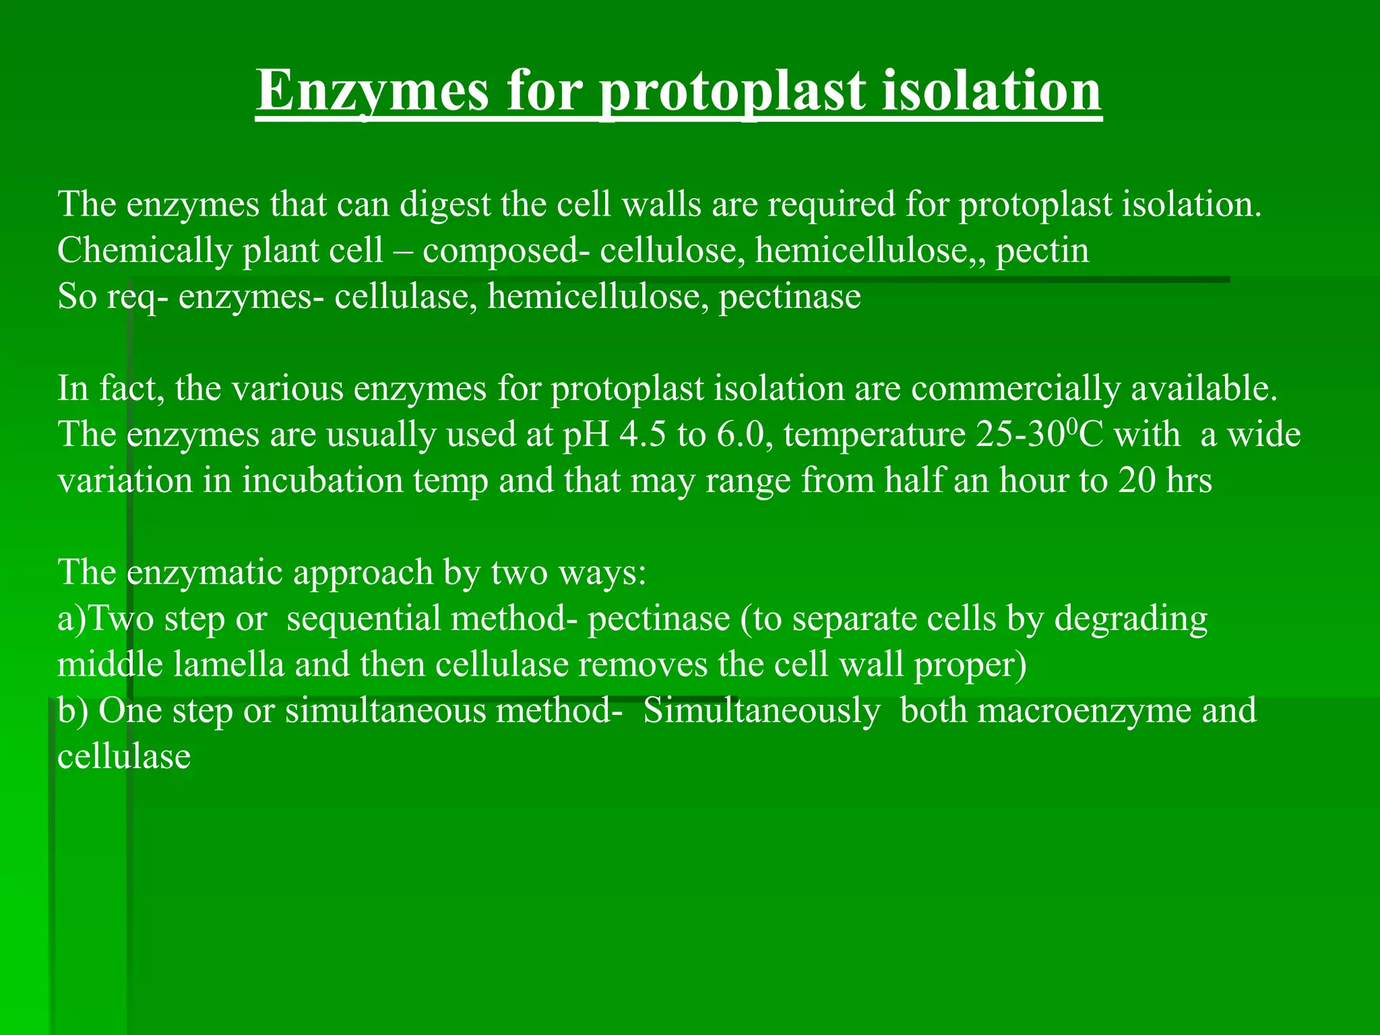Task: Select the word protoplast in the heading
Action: (x=732, y=92)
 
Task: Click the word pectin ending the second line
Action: (x=1042, y=250)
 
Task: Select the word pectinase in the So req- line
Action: (x=790, y=296)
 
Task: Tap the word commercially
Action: (x=1016, y=389)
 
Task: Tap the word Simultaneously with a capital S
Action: (x=761, y=711)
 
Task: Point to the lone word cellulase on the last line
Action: (x=124, y=757)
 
